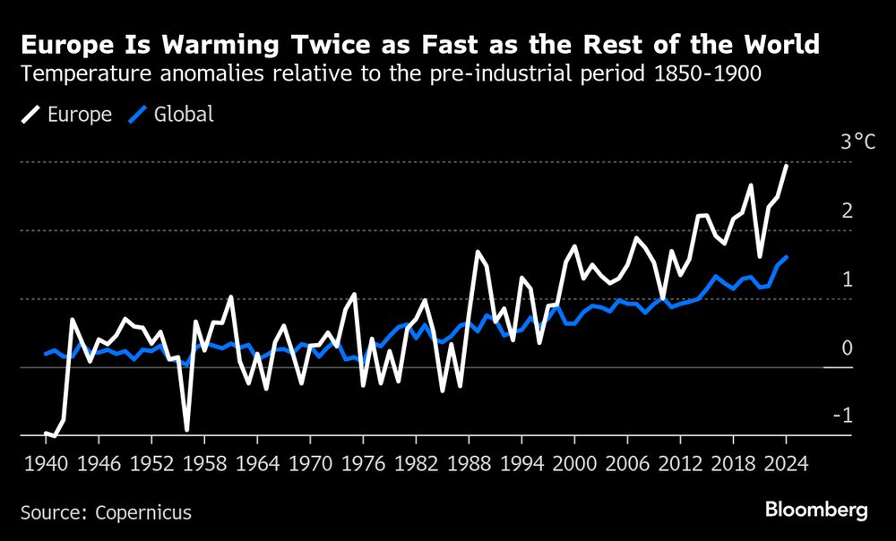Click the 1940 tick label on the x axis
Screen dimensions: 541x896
(45, 465)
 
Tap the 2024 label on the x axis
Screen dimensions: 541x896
(786, 465)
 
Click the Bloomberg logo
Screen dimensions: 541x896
(816, 511)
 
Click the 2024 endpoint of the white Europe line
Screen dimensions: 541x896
(786, 166)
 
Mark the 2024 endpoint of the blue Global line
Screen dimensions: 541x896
(786, 257)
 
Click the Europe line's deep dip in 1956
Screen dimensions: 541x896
(186, 429)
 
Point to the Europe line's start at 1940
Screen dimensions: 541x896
(46, 434)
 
